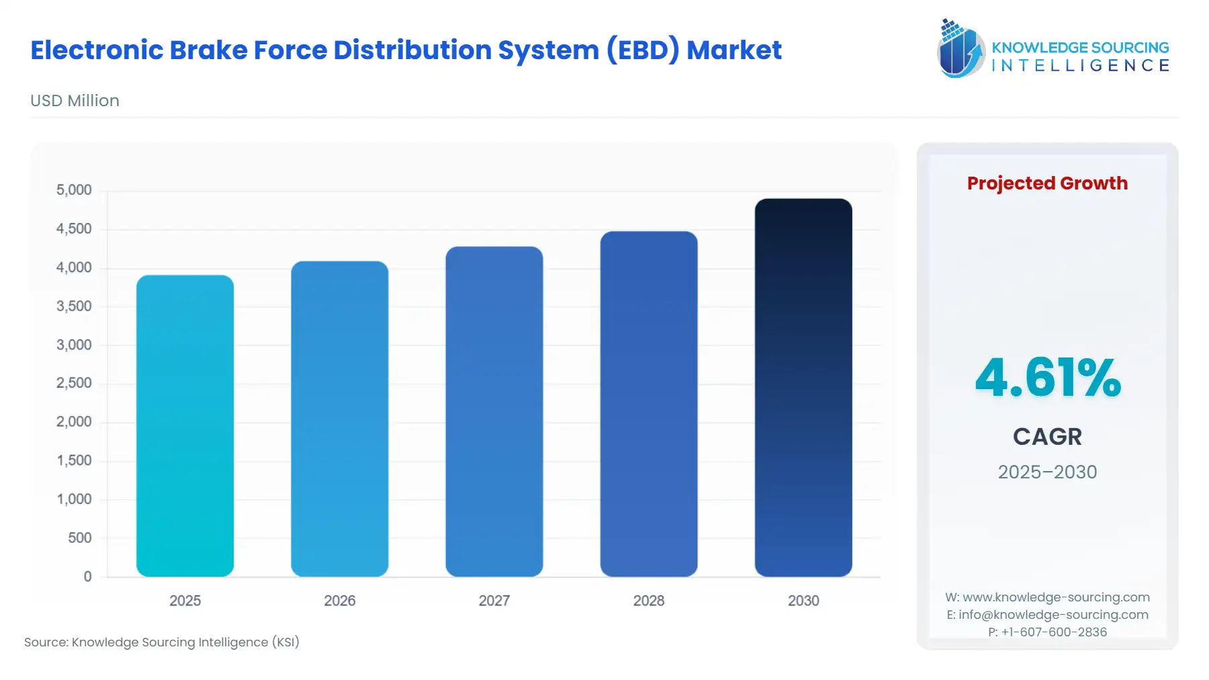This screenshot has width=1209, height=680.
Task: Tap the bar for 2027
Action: pos(494,411)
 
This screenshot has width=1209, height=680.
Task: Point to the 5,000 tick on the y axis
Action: pos(74,190)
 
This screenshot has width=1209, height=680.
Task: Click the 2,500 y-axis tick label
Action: pos(74,383)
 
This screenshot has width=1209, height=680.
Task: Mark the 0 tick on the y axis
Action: pos(87,577)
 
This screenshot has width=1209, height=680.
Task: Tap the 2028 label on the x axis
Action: pos(648,601)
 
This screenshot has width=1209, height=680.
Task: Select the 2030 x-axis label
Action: pos(803,601)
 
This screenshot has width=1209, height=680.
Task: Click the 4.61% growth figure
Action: pos(1047,378)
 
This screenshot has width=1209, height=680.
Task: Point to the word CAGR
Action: pos(1047,437)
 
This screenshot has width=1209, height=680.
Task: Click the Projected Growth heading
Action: pos(1047,183)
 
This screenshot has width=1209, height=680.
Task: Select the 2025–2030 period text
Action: pos(1047,472)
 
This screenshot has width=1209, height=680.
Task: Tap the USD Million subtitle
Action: pos(75,101)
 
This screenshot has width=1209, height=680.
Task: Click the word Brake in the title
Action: pos(208,50)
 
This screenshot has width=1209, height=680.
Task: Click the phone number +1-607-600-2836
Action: pos(1054,632)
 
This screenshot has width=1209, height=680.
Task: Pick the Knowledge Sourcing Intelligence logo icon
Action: pos(960,48)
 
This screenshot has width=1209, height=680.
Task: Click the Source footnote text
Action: pos(162,642)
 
